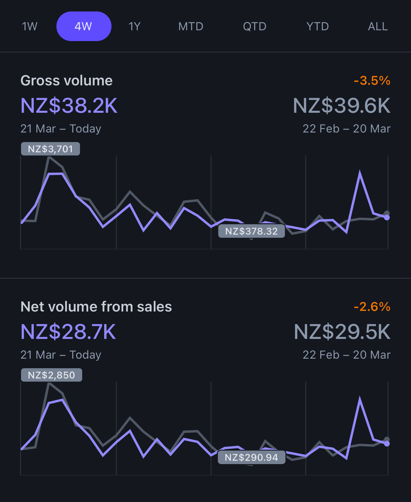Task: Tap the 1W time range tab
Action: pyautogui.click(x=30, y=26)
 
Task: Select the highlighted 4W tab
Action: pyautogui.click(x=83, y=26)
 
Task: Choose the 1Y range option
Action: pyautogui.click(x=134, y=26)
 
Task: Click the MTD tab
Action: pyautogui.click(x=191, y=26)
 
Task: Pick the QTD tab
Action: pyautogui.click(x=254, y=26)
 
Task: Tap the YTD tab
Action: pyautogui.click(x=317, y=26)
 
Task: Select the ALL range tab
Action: pyautogui.click(x=378, y=26)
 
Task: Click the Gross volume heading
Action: pyautogui.click(x=66, y=81)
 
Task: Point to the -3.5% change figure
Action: pyautogui.click(x=372, y=81)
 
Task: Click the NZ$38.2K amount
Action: pyautogui.click(x=69, y=106)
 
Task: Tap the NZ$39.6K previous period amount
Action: pyautogui.click(x=342, y=106)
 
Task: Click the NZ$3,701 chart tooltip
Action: pyautogui.click(x=50, y=149)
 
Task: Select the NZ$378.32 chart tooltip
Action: pyautogui.click(x=251, y=231)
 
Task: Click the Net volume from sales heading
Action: pyautogui.click(x=96, y=307)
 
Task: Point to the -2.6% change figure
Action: pyautogui.click(x=372, y=307)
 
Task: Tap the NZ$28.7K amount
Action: pyautogui.click(x=68, y=332)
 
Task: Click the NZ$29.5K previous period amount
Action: pyautogui.click(x=342, y=332)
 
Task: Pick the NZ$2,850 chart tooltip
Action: pyautogui.click(x=51, y=375)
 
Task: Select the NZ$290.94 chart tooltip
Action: pyautogui.click(x=251, y=457)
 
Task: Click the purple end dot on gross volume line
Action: pyautogui.click(x=387, y=218)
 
